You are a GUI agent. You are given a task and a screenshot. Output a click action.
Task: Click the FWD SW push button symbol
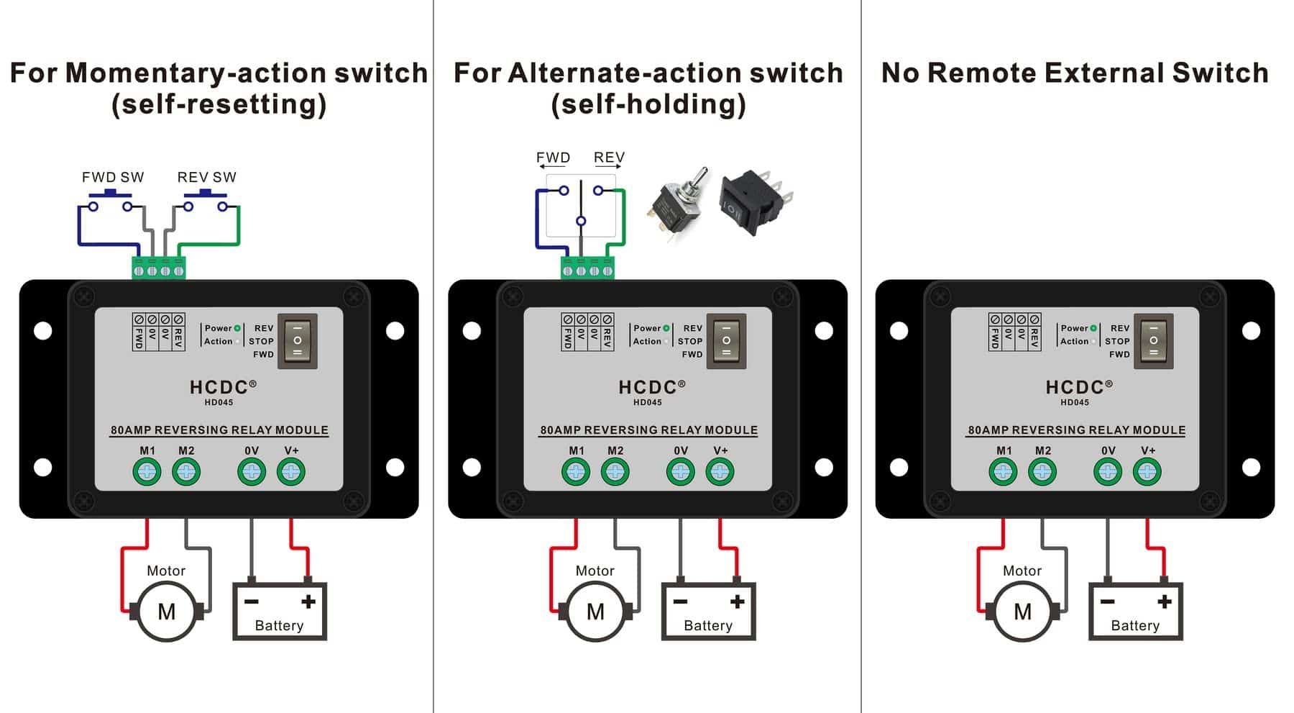111,201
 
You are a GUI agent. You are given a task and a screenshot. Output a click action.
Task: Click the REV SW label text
206,177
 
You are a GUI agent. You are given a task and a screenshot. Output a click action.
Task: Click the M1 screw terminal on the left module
147,472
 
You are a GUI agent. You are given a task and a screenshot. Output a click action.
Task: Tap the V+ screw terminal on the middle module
720,472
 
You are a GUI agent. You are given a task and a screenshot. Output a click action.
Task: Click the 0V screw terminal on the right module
1108,472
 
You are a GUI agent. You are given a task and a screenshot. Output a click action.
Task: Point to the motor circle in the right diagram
1022,612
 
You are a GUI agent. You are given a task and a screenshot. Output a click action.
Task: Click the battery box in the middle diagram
708,612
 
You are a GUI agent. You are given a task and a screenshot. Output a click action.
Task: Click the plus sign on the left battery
308,601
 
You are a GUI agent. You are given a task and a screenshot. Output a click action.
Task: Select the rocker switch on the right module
1153,341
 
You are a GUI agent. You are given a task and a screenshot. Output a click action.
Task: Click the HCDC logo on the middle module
648,387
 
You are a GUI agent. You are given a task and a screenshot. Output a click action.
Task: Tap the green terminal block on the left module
159,268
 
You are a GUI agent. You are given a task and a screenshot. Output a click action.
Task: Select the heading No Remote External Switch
1075,73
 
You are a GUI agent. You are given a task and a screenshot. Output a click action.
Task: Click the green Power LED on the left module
237,328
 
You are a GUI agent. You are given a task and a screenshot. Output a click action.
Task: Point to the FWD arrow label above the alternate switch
553,158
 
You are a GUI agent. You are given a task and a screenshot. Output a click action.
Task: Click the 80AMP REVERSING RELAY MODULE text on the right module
1076,430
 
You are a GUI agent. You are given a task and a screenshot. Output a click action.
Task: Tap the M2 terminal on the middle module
615,472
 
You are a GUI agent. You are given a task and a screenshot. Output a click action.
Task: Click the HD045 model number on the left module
219,403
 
